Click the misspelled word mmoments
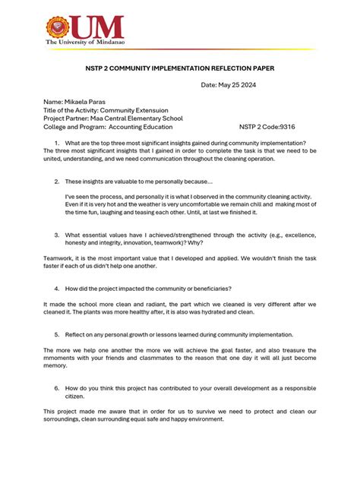tap(62, 358)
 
